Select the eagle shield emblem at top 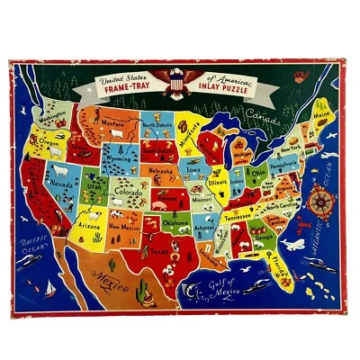177,83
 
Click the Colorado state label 128,190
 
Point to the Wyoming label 120,166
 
